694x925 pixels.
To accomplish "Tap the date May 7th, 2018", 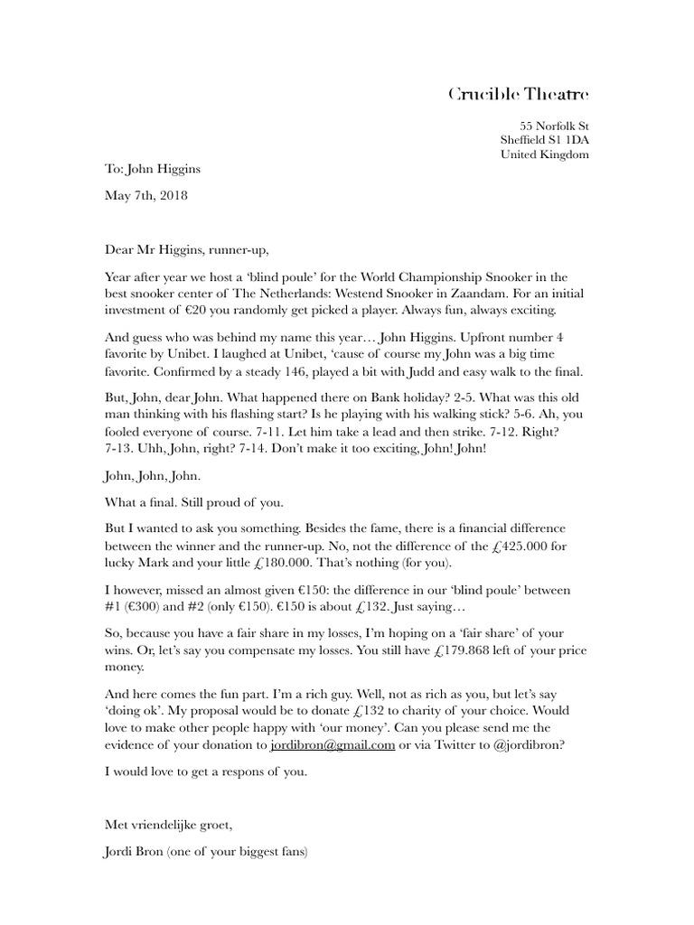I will (x=146, y=195).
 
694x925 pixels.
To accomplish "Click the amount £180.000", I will (x=280, y=563).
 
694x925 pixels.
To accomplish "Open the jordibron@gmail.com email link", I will (x=333, y=745).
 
